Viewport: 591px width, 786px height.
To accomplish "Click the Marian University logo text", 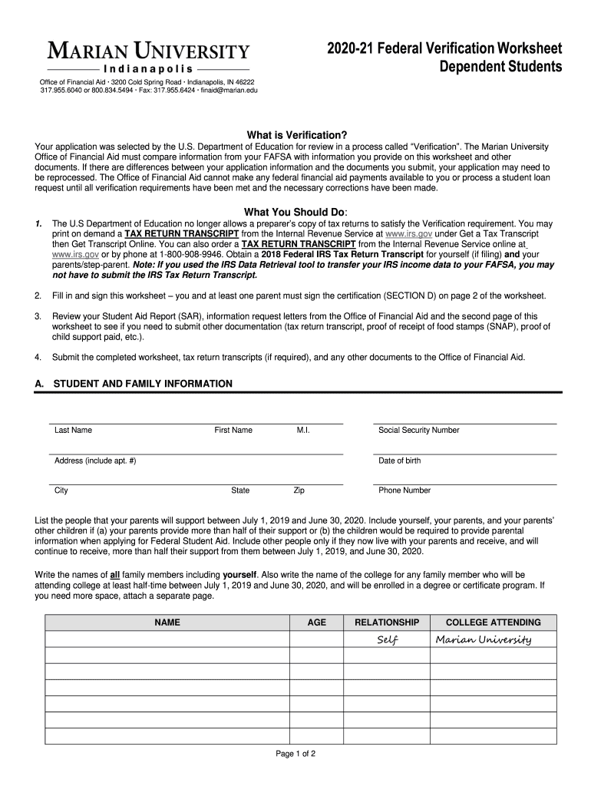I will click(150, 52).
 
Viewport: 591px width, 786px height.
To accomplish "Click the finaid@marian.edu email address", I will click(229, 91).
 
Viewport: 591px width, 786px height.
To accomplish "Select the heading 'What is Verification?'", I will click(296, 134).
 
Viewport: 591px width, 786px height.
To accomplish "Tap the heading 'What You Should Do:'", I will click(295, 212).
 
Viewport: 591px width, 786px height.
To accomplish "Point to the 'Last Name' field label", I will click(73, 431).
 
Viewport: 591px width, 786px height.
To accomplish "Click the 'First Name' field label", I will click(233, 431).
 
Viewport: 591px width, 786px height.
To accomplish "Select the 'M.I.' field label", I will click(303, 431).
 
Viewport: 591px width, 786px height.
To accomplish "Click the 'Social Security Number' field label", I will click(418, 431).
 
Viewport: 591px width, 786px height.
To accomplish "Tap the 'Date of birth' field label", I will click(399, 461).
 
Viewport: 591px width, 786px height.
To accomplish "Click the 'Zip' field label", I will click(299, 490).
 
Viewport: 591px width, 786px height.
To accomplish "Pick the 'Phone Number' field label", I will click(404, 490).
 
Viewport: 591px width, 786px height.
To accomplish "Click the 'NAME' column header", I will click(167, 623).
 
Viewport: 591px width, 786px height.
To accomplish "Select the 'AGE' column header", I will click(317, 623).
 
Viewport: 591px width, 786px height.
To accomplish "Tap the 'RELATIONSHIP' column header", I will click(387, 623).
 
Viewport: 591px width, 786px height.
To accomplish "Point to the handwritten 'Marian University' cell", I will click(483, 640).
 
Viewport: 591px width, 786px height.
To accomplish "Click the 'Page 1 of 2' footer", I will click(295, 754).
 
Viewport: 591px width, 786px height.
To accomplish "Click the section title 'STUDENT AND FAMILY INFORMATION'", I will click(142, 384).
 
